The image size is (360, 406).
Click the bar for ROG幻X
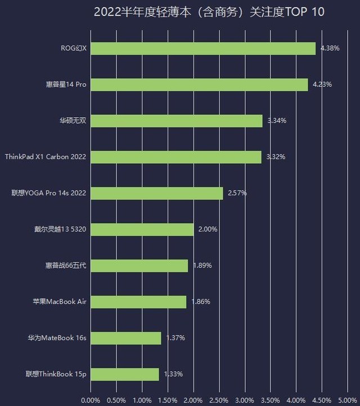pyautogui.click(x=202, y=48)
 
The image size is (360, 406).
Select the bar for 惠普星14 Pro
pyautogui.click(x=199, y=84)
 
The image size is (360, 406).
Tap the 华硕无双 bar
pyautogui.click(x=176, y=121)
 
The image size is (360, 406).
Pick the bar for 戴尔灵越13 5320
pyautogui.click(x=142, y=229)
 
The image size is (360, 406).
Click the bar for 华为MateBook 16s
pyautogui.click(x=125, y=338)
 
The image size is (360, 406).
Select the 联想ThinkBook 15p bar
pyautogui.click(x=124, y=374)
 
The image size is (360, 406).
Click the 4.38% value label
pyautogui.click(x=330, y=48)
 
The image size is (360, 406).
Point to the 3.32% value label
pyautogui.click(x=276, y=157)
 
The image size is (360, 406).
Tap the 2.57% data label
pyautogui.click(x=237, y=193)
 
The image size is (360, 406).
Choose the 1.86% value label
pyautogui.click(x=200, y=302)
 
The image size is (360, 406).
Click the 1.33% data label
pyautogui.click(x=173, y=374)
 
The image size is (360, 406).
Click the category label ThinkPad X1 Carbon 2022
pyautogui.click(x=45, y=157)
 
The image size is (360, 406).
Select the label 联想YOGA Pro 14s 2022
pyautogui.click(x=49, y=193)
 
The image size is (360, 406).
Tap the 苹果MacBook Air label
pyautogui.click(x=59, y=302)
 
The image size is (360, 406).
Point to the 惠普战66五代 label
pyautogui.click(x=66, y=265)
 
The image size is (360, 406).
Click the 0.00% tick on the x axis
pyautogui.click(x=91, y=400)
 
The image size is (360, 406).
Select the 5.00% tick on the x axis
pyautogui.click(x=347, y=400)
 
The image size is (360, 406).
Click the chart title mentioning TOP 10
pyautogui.click(x=209, y=12)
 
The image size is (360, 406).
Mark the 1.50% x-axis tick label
pyautogui.click(x=168, y=400)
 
